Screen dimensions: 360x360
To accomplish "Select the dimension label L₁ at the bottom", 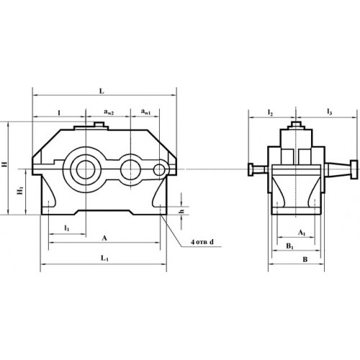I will (x=104, y=258).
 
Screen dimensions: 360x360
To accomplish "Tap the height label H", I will (x=6, y=166).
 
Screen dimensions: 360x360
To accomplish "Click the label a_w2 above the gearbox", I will (x=107, y=112).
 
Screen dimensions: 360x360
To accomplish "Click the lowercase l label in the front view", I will (x=58, y=112).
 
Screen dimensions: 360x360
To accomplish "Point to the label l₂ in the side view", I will (x=270, y=113).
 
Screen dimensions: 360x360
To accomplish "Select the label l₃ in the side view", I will (x=329, y=113).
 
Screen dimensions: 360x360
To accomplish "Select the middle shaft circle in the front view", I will (x=131, y=169).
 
